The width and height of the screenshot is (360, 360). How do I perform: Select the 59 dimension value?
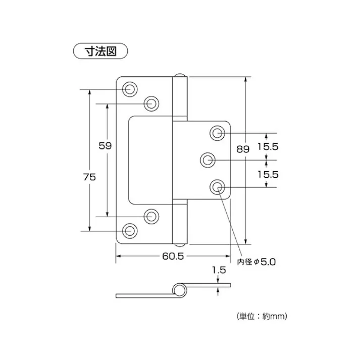(x=105, y=145)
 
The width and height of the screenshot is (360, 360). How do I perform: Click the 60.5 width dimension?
(x=173, y=256)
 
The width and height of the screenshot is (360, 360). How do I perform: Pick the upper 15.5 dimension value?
(x=268, y=146)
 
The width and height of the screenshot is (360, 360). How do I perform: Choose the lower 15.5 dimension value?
(x=268, y=174)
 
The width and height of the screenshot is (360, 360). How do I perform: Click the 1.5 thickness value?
(x=219, y=271)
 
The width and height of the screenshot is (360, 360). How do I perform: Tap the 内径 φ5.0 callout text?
(x=256, y=262)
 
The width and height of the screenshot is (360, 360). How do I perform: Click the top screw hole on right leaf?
(x=218, y=133)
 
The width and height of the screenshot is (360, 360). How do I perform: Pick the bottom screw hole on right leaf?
(x=218, y=187)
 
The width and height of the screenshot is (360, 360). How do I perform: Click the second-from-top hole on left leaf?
(x=151, y=104)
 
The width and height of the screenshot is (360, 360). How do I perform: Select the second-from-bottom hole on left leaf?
(x=151, y=216)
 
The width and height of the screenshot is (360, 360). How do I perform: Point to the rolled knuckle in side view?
(x=178, y=289)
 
